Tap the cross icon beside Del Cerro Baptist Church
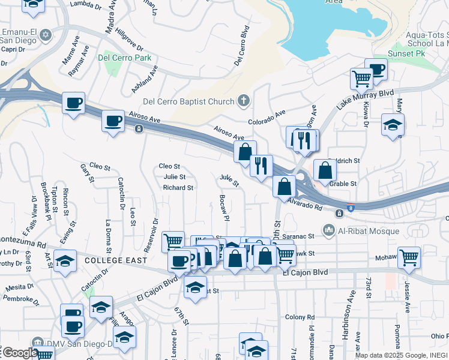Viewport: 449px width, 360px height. [x=244, y=100]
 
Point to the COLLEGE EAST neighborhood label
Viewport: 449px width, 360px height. [x=116, y=260]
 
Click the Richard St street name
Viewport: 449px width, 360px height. [x=178, y=188]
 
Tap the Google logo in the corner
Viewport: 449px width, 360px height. [x=20, y=353]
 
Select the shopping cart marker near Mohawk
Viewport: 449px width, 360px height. [x=409, y=258]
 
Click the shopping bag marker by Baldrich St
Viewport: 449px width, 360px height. [x=325, y=170]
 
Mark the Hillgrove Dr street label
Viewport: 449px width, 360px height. [x=130, y=40]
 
